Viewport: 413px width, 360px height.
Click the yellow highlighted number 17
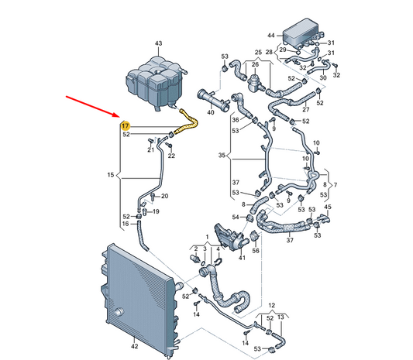pyautogui.click(x=125, y=126)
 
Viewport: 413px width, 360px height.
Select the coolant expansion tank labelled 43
pyautogui.click(x=155, y=84)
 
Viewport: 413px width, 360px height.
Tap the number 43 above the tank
pyautogui.click(x=159, y=43)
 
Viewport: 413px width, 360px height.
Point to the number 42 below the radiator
pyautogui.click(x=134, y=346)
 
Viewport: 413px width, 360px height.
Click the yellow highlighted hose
pyautogui.click(x=188, y=122)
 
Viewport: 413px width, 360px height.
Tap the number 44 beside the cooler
pyautogui.click(x=271, y=36)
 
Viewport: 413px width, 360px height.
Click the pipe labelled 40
pyautogui.click(x=213, y=100)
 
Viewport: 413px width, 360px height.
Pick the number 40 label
pyautogui.click(x=211, y=112)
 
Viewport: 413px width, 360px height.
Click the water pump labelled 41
pyautogui.click(x=231, y=238)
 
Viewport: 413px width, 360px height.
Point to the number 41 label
pyautogui.click(x=242, y=258)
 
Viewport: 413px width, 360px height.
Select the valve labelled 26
pyautogui.click(x=254, y=82)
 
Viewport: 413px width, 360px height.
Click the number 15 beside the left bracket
pyautogui.click(x=111, y=175)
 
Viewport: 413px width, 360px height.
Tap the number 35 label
pyautogui.click(x=222, y=156)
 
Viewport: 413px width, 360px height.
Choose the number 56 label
pyautogui.click(x=256, y=250)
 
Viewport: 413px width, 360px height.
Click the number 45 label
pyautogui.click(x=328, y=207)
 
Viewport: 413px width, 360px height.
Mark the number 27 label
pyautogui.click(x=305, y=109)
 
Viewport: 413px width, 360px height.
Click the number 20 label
pyautogui.click(x=164, y=196)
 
